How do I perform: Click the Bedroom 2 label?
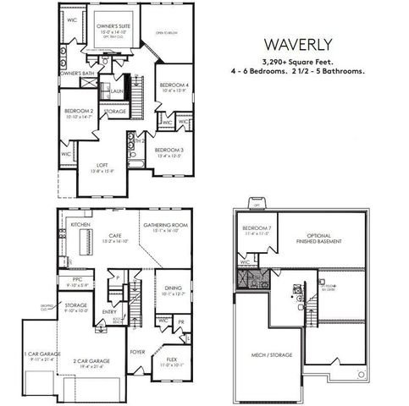(79, 111)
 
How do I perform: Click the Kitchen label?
(80, 225)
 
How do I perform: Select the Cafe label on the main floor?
(114, 237)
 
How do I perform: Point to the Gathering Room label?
(164, 225)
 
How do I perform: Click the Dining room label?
(172, 288)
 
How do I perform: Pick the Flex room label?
(171, 359)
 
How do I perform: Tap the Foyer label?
(137, 351)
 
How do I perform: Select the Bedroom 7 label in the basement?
(255, 229)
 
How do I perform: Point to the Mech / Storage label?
(271, 354)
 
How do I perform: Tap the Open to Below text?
(165, 35)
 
